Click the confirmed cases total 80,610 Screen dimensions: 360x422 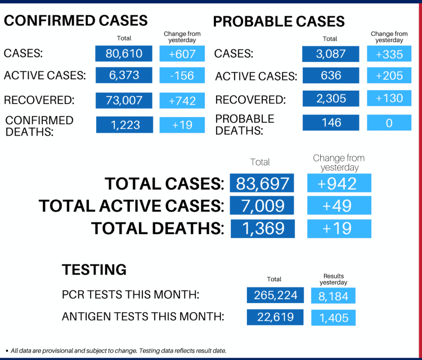click(x=124, y=53)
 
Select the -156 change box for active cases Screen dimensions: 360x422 click(x=182, y=75)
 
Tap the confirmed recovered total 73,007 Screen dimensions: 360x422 click(x=124, y=100)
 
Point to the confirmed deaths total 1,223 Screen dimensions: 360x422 click(x=124, y=124)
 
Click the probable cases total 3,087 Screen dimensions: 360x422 click(x=330, y=53)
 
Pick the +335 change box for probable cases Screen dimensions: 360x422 click(x=389, y=53)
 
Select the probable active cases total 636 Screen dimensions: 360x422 click(x=330, y=75)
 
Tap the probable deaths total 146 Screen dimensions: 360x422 click(x=330, y=122)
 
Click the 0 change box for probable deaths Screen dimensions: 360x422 click(x=389, y=123)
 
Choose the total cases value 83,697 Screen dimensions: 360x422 click(x=262, y=183)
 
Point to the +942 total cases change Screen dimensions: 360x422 click(x=339, y=183)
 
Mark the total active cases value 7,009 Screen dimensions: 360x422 click(x=262, y=206)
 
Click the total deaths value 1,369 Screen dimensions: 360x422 click(x=262, y=228)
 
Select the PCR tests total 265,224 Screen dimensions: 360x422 click(x=275, y=295)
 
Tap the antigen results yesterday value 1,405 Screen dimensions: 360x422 click(x=334, y=318)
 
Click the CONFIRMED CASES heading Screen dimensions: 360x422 click(x=76, y=21)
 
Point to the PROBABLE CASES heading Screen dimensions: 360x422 click(x=279, y=22)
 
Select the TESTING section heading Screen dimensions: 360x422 click(x=94, y=269)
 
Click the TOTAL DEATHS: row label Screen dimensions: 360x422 click(x=158, y=228)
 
